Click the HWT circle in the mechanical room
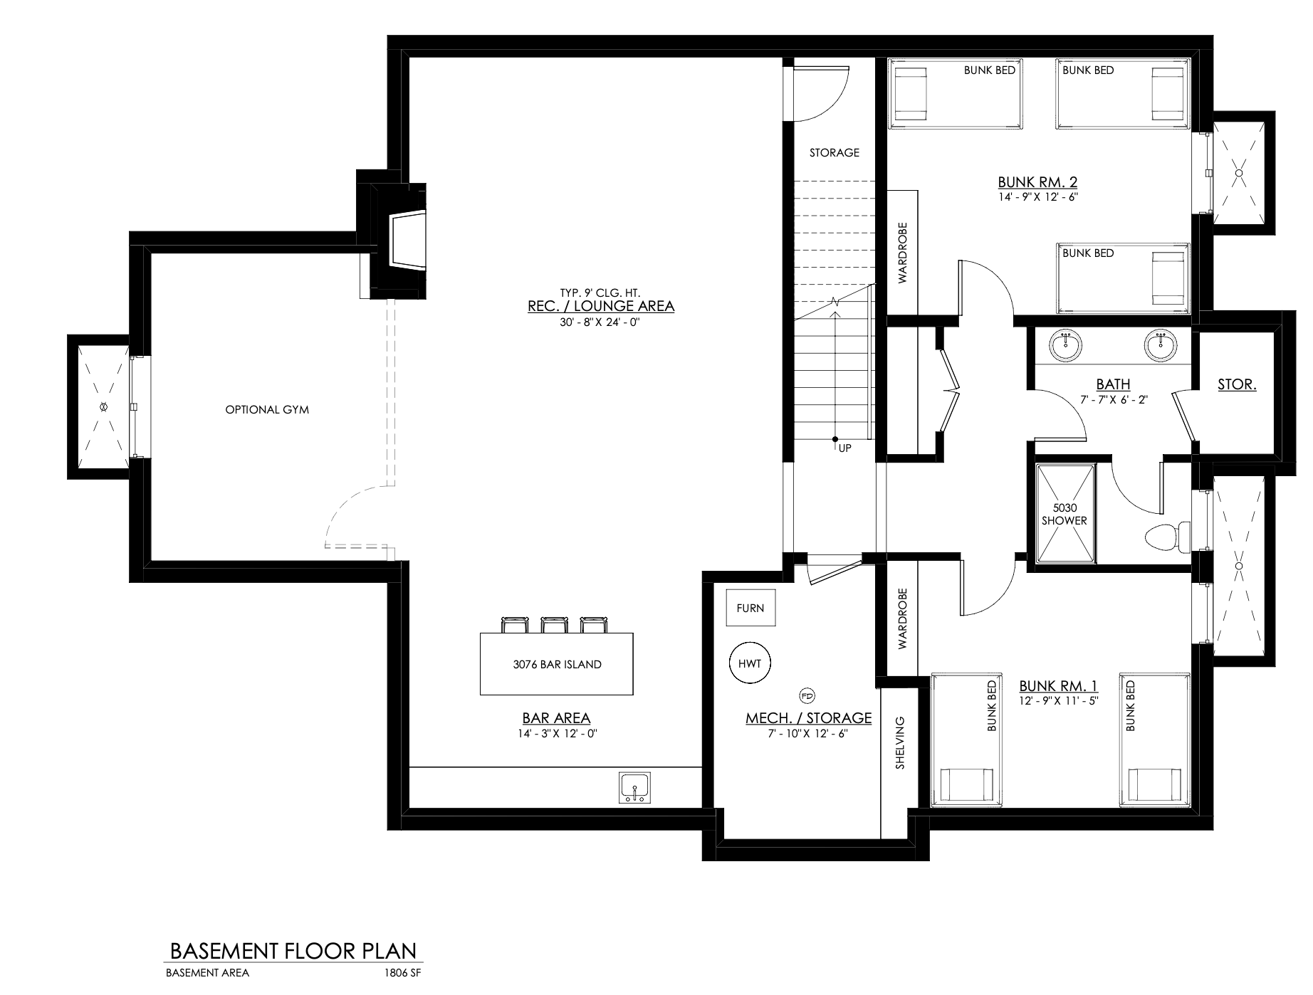point(750,664)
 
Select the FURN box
point(750,608)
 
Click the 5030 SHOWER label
point(1064,514)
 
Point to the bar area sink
point(634,789)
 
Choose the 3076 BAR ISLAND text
point(557,664)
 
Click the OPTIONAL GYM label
point(267,409)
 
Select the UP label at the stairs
point(844,448)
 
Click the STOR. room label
point(1237,384)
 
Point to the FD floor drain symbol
point(807,695)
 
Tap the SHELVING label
point(900,743)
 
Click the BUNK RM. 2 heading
point(1037,181)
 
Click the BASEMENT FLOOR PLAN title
point(292,951)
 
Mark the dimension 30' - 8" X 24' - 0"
point(601,322)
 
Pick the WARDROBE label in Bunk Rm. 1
point(903,618)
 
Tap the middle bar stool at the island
point(553,624)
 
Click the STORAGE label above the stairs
point(835,152)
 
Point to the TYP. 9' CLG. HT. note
point(601,292)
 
